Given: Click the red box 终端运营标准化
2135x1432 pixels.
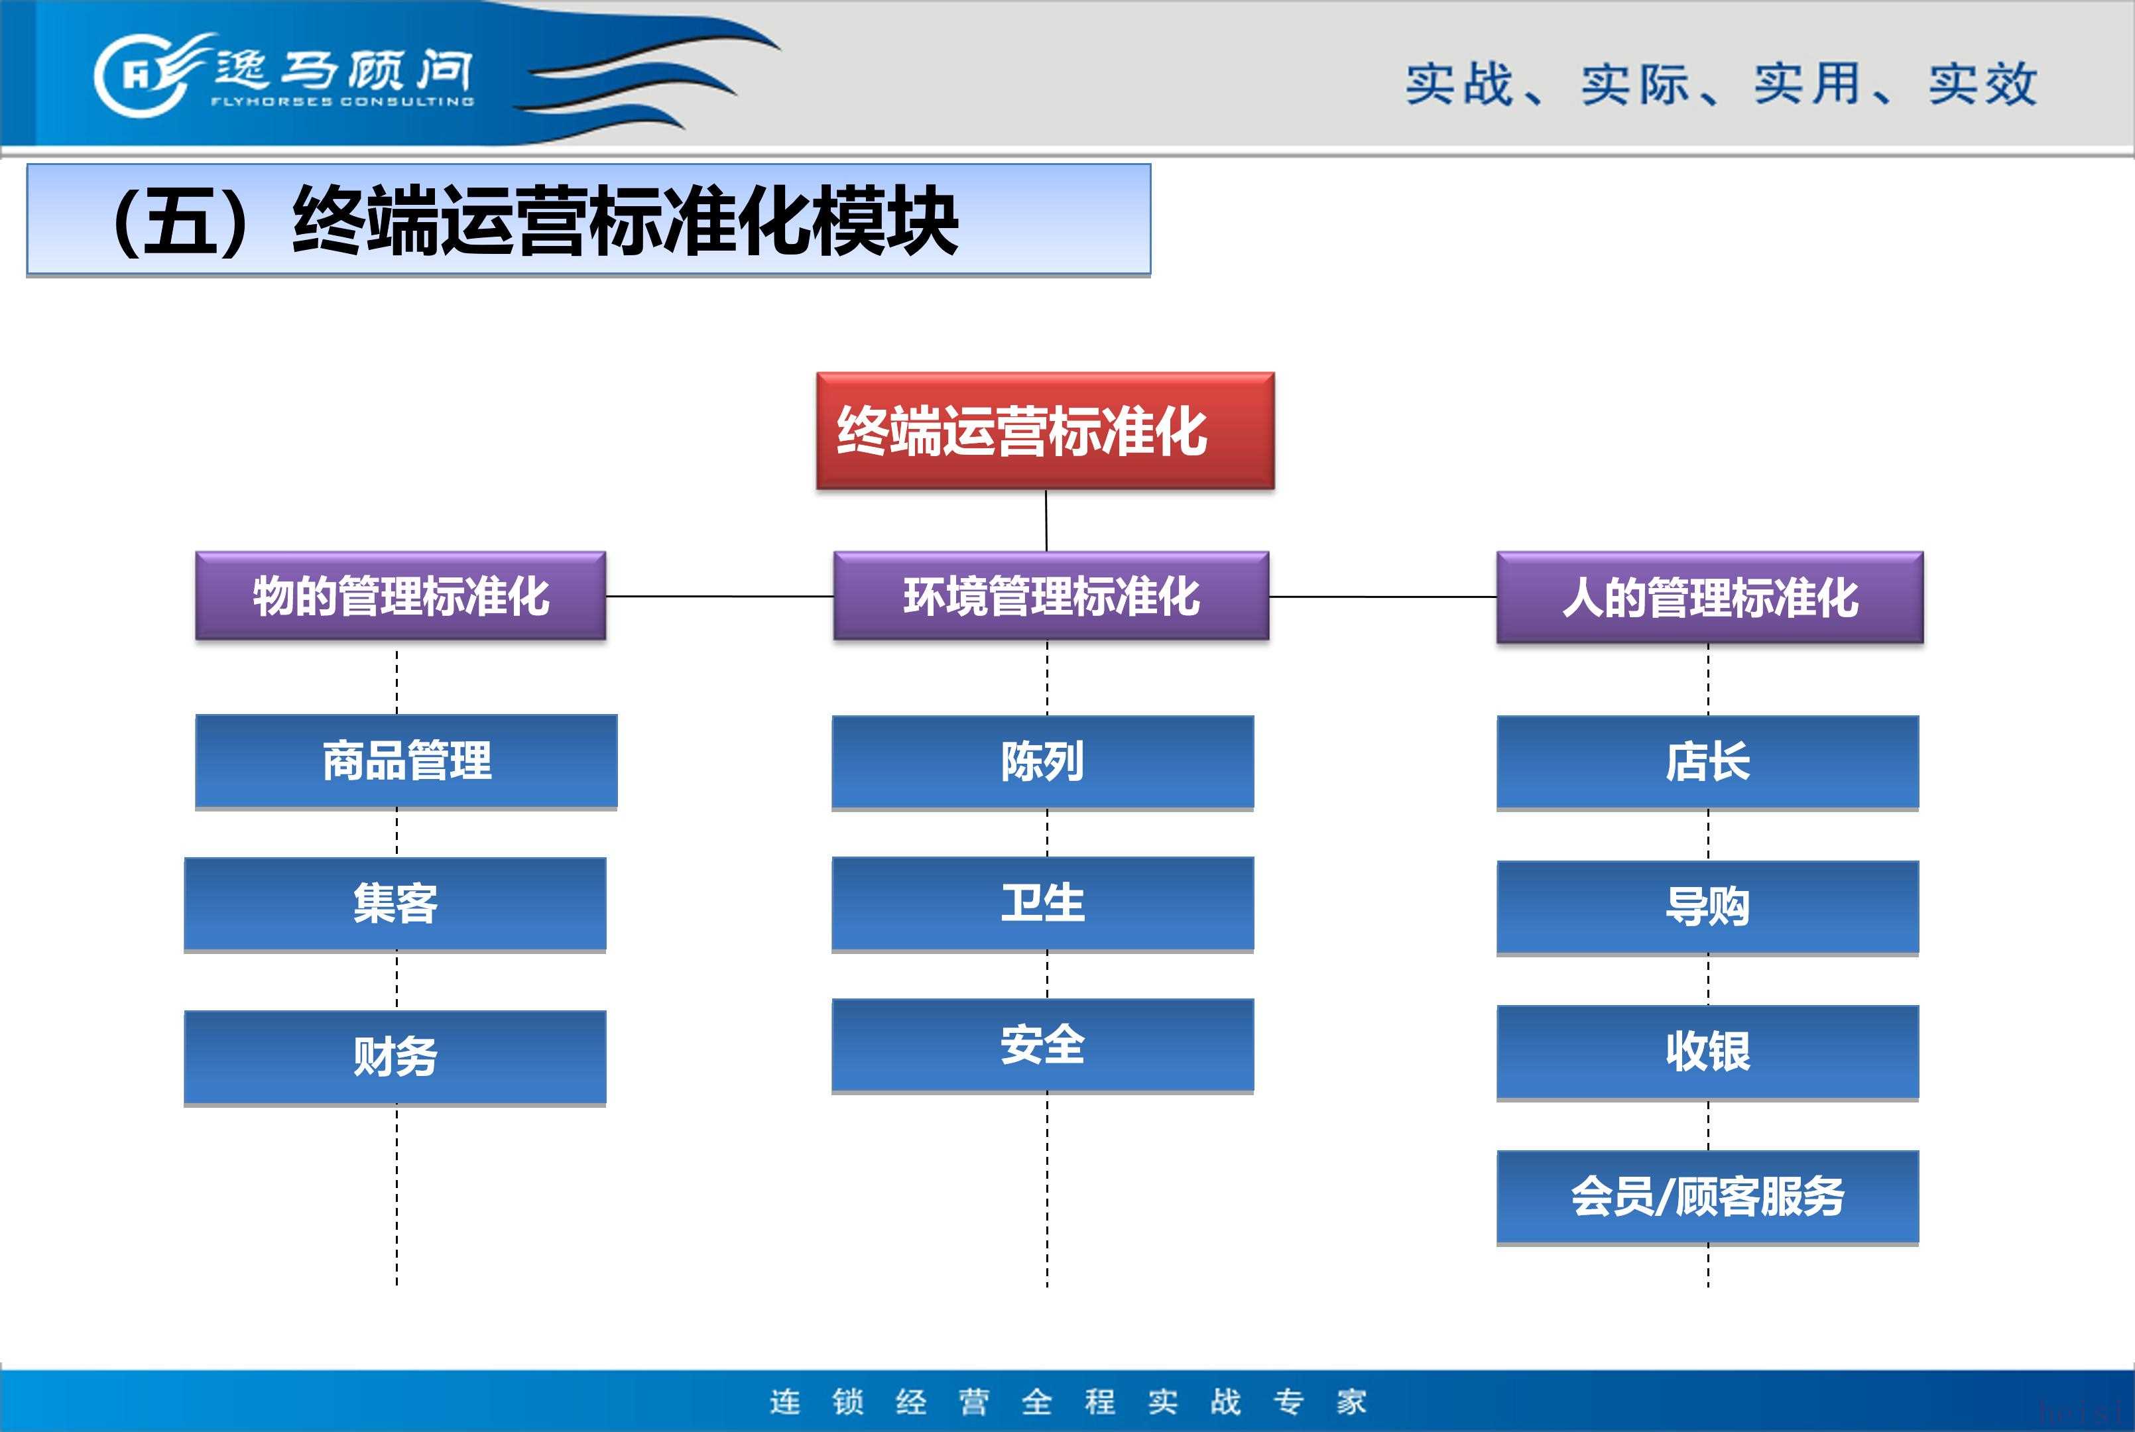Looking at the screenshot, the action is click(1045, 431).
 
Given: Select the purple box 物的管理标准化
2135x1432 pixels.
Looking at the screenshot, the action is click(401, 595).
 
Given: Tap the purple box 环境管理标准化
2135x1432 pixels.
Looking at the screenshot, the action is click(1051, 595).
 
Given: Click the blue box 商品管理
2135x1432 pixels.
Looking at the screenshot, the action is click(406, 762).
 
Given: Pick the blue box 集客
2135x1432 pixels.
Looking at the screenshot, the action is click(395, 904).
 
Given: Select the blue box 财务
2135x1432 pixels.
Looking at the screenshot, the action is click(395, 1057).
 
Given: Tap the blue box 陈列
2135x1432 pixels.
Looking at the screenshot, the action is click(1043, 762).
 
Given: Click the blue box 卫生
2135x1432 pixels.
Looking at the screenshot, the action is click(1043, 904).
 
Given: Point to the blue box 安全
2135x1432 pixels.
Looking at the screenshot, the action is click(1043, 1045).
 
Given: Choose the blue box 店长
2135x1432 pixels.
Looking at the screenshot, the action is click(1707, 762).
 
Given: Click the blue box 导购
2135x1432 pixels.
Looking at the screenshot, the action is click(1707, 908).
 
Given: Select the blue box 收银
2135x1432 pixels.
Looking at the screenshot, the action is click(1707, 1053).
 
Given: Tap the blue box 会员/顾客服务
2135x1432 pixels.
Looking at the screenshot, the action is click(1707, 1198).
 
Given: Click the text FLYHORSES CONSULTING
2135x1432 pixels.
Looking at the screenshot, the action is click(342, 101).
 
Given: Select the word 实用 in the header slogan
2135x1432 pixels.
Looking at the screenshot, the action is click(1807, 84).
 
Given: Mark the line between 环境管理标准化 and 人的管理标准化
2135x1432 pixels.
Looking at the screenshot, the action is click(1382, 597).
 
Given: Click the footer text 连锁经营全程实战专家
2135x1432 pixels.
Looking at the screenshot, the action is click(1067, 1401).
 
